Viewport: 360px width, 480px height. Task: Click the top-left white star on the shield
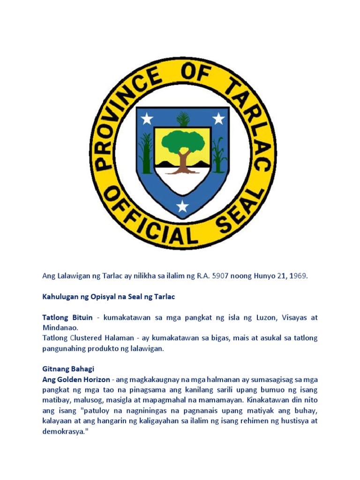(147, 119)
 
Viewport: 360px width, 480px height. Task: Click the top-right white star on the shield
(218, 119)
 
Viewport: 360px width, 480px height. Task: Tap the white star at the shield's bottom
(182, 205)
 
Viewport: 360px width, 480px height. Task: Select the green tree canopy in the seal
(182, 140)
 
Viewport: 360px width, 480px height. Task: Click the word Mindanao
(60, 328)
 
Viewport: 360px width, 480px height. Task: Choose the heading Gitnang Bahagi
(68, 369)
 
